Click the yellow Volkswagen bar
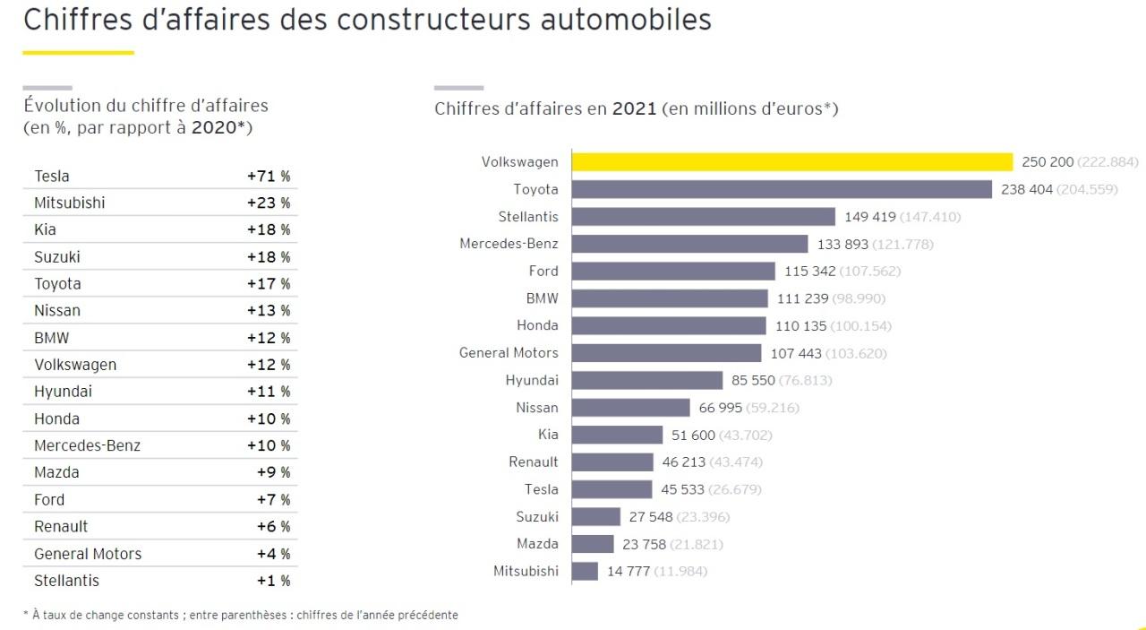tap(792, 162)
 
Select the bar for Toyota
tap(782, 189)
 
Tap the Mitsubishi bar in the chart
tap(585, 571)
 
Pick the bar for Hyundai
tap(646, 380)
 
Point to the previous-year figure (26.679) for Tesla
tap(735, 489)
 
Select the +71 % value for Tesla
tap(269, 177)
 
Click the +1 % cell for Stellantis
tap(273, 581)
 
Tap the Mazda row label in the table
tap(56, 472)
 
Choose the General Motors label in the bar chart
tap(509, 353)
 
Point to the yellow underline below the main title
tap(78, 53)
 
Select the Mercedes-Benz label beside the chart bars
tap(509, 244)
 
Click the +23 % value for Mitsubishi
tap(269, 203)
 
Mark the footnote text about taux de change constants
tap(240, 615)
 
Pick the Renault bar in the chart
tap(612, 462)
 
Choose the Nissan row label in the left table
tap(57, 311)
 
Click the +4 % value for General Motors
tap(273, 554)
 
